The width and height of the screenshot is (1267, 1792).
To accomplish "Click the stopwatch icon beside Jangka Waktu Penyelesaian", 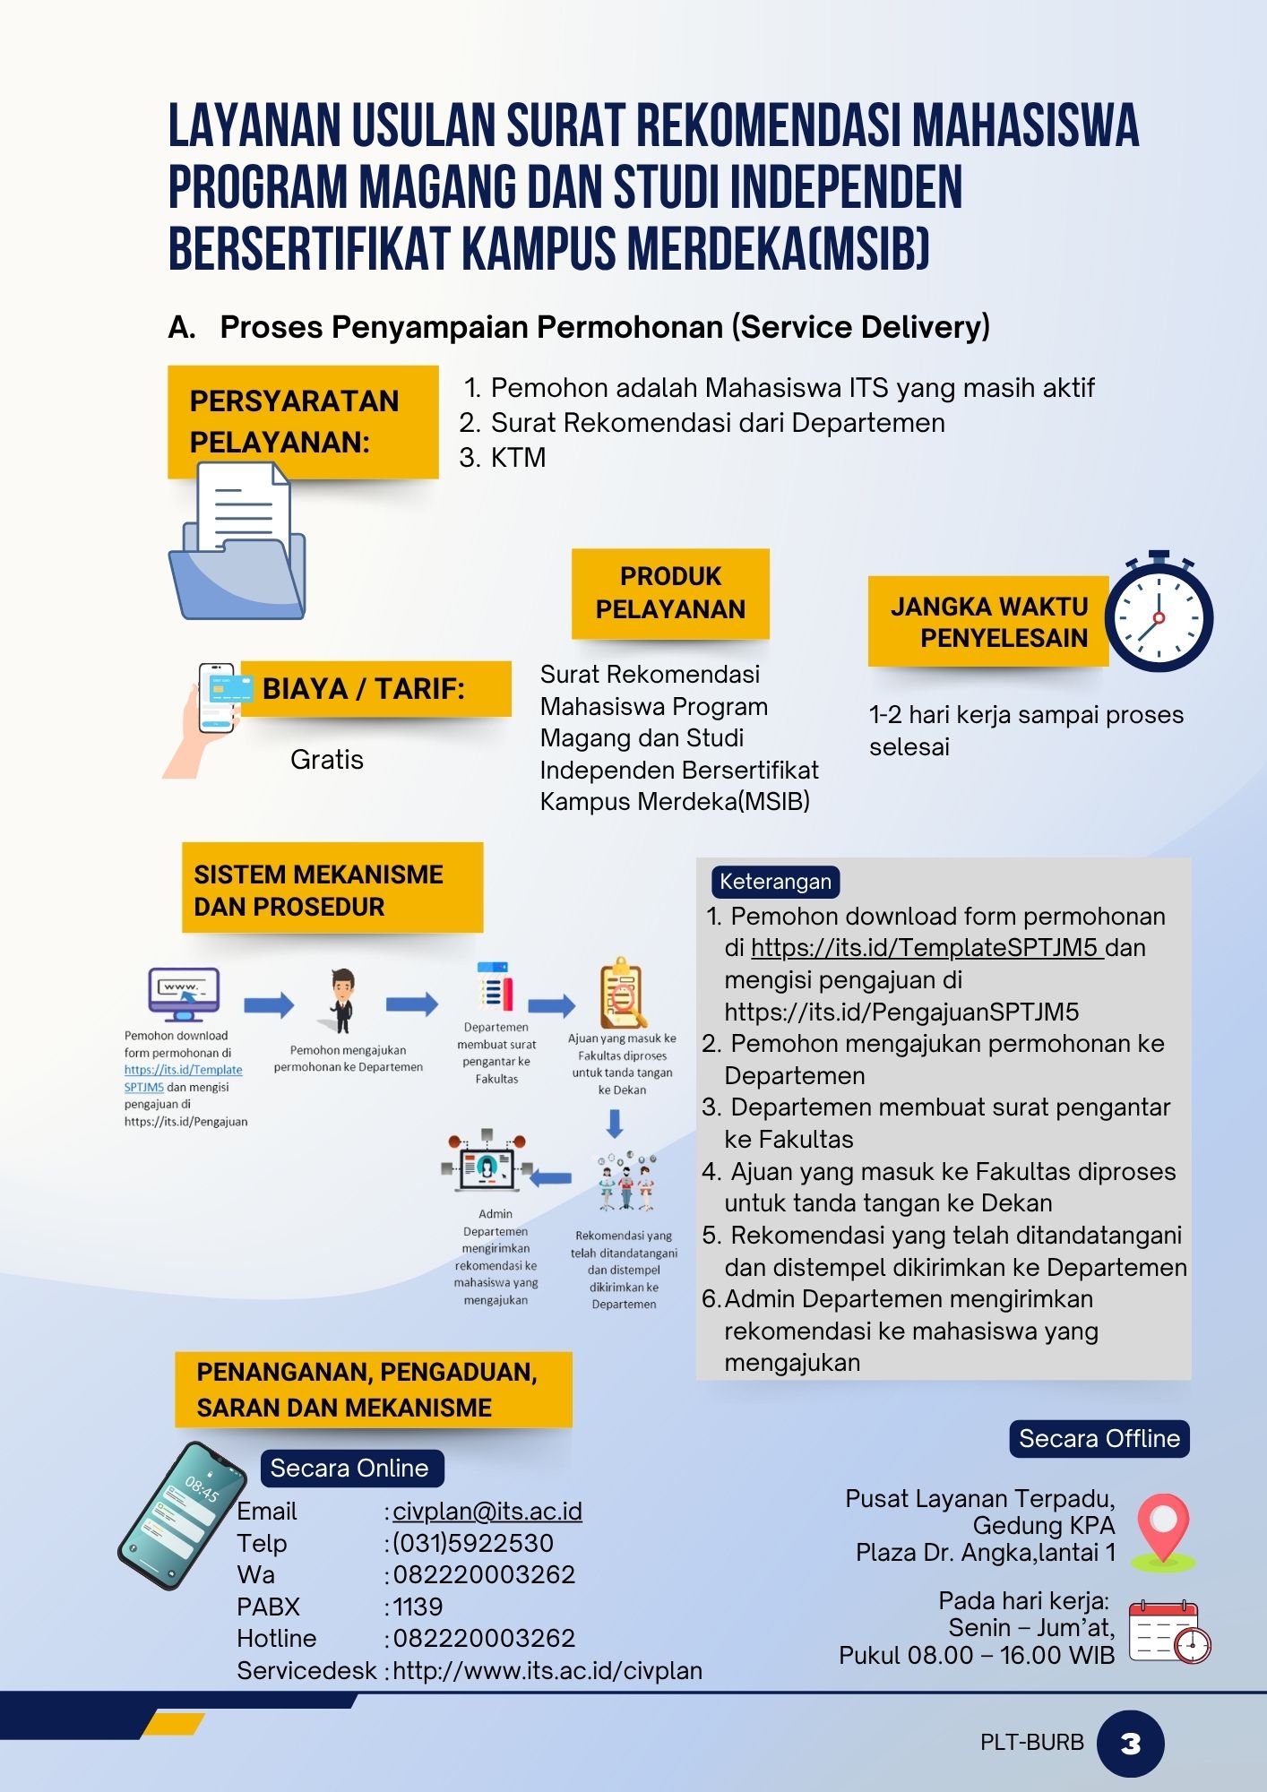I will pyautogui.click(x=1159, y=614).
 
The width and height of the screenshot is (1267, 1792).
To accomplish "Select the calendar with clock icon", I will pyautogui.click(x=1168, y=1631).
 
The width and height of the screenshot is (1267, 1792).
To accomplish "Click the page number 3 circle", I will pyautogui.click(x=1130, y=1743).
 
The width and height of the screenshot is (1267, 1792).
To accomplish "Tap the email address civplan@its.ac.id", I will pyautogui.click(x=487, y=1511).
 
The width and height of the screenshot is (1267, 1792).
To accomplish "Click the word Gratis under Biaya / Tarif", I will pyautogui.click(x=327, y=760).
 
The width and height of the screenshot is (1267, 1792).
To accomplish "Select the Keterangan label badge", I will pyautogui.click(x=775, y=882).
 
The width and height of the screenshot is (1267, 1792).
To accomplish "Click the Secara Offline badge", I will pyautogui.click(x=1099, y=1438).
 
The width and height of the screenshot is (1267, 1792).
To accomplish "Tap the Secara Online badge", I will pyautogui.click(x=349, y=1468).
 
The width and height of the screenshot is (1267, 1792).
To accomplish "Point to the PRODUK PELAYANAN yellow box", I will pyautogui.click(x=670, y=593).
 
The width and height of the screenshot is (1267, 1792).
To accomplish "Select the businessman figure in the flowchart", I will pyautogui.click(x=341, y=1001).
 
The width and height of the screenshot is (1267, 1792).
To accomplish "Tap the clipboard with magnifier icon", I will pyautogui.click(x=622, y=993).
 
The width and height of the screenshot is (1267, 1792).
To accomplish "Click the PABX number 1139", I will pyautogui.click(x=418, y=1607).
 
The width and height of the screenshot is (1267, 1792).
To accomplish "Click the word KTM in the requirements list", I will pyautogui.click(x=518, y=458).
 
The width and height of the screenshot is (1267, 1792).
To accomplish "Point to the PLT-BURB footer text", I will pyautogui.click(x=1031, y=1743).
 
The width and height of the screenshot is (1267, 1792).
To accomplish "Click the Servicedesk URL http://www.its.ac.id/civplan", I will pyautogui.click(x=547, y=1670).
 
